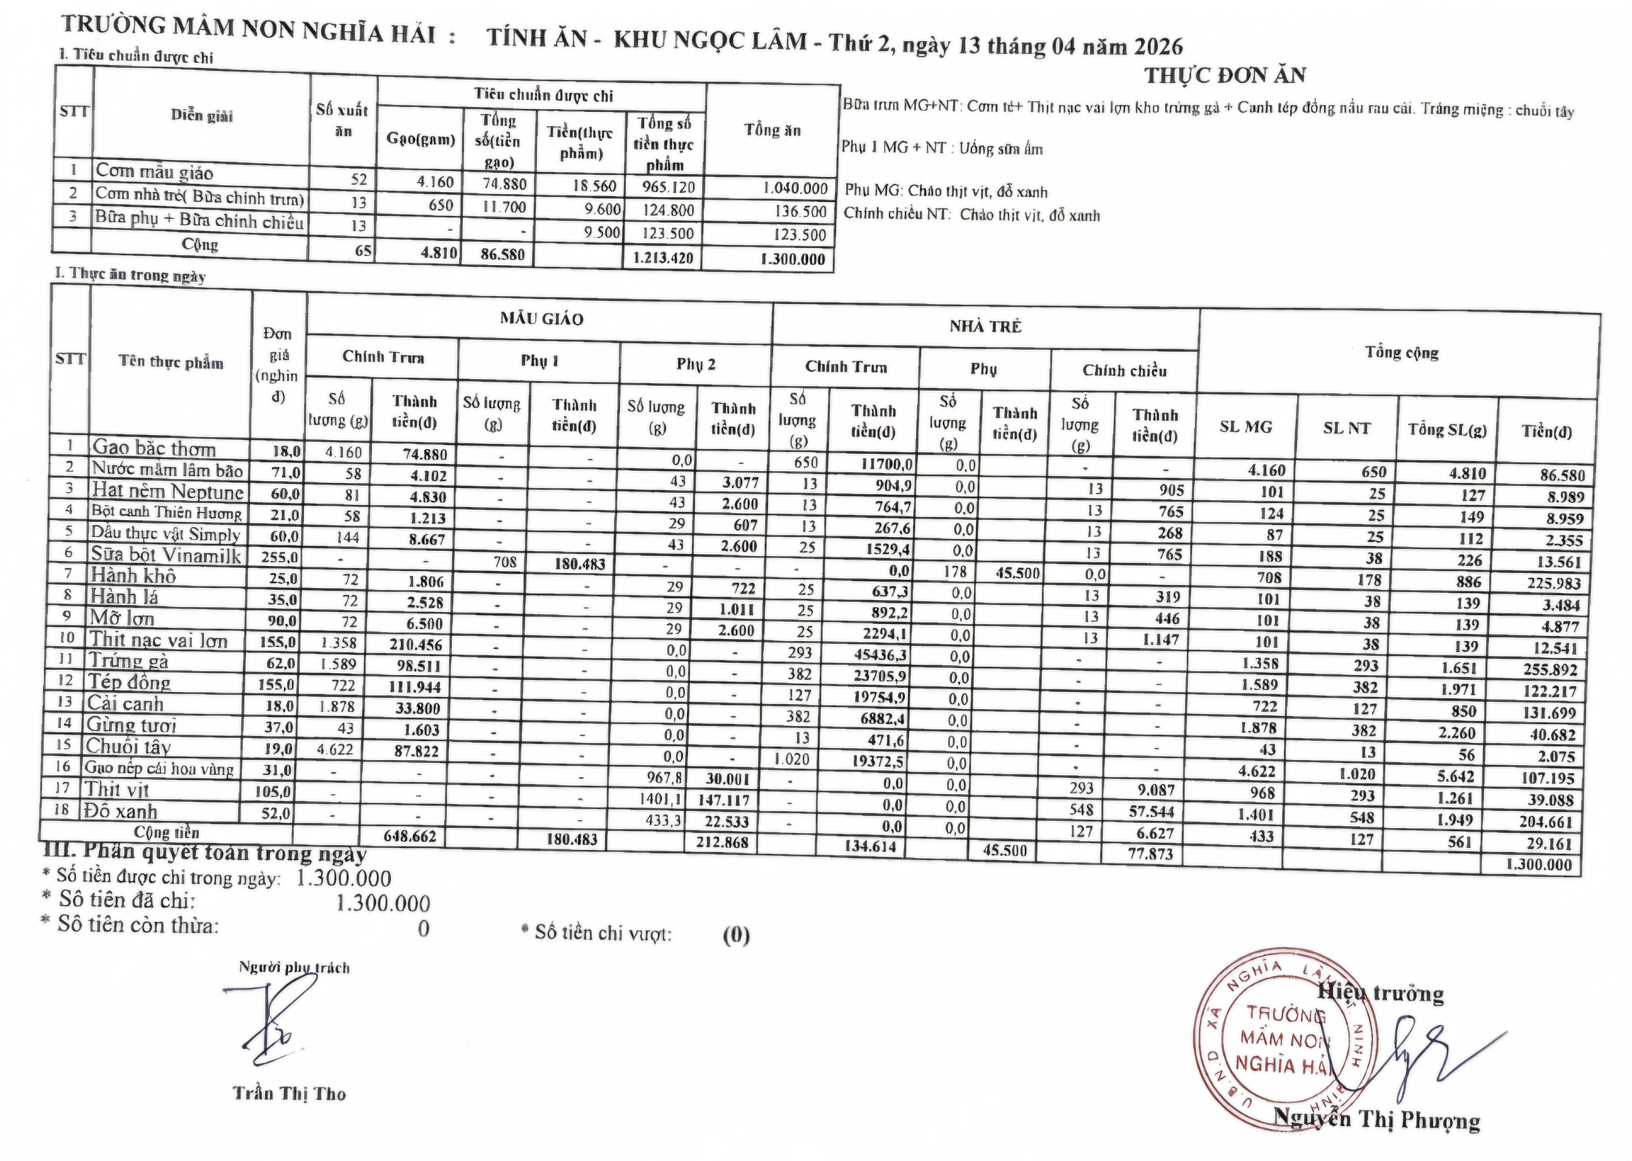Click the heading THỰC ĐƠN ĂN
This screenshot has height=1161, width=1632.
click(x=1224, y=75)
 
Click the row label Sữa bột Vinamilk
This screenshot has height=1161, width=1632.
click(x=166, y=555)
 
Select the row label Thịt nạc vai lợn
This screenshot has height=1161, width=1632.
click(x=158, y=640)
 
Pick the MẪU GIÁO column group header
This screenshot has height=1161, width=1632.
click(x=541, y=319)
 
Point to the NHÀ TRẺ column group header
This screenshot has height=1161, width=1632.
click(x=985, y=327)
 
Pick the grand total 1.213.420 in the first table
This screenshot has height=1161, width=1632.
click(x=663, y=258)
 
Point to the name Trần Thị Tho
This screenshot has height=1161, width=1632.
click(x=289, y=1093)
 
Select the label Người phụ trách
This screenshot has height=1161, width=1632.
click(x=294, y=968)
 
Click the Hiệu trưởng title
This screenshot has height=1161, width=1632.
click(x=1380, y=993)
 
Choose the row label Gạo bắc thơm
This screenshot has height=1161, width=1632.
click(x=154, y=448)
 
